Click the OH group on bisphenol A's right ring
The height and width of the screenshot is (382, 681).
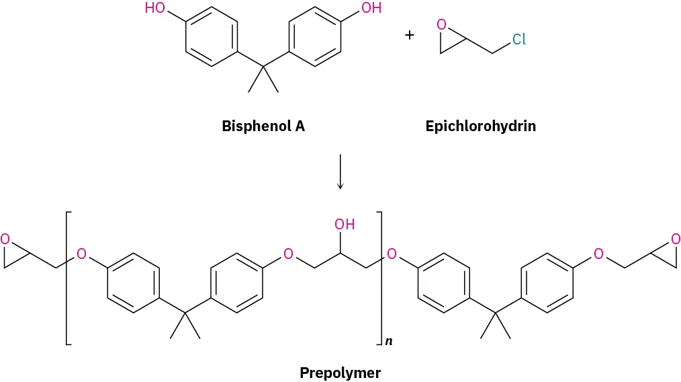[x=371, y=9]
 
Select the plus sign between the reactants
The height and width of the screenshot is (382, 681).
[x=410, y=34]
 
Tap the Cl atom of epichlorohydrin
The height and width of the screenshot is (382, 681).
[x=518, y=40]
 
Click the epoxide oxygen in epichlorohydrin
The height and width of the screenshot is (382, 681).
[x=441, y=25]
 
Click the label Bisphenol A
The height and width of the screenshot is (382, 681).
[x=263, y=126]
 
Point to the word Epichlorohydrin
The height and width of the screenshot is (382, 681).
[x=480, y=126]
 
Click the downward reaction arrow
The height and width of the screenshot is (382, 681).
[x=340, y=171]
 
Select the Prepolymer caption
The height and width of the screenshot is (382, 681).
[x=340, y=372]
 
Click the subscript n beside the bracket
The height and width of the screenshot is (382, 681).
[x=389, y=342]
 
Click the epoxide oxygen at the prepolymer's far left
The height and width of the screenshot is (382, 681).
[x=5, y=239]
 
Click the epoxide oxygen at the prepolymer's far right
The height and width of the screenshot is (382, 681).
[x=675, y=239]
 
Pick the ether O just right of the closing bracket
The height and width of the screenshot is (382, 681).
[x=392, y=254]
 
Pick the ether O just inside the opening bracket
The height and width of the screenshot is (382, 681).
[x=81, y=254]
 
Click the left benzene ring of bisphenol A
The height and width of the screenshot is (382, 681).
[x=211, y=37]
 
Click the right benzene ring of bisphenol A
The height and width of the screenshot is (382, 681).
[x=314, y=37]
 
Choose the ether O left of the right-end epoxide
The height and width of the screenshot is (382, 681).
[x=599, y=254]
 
